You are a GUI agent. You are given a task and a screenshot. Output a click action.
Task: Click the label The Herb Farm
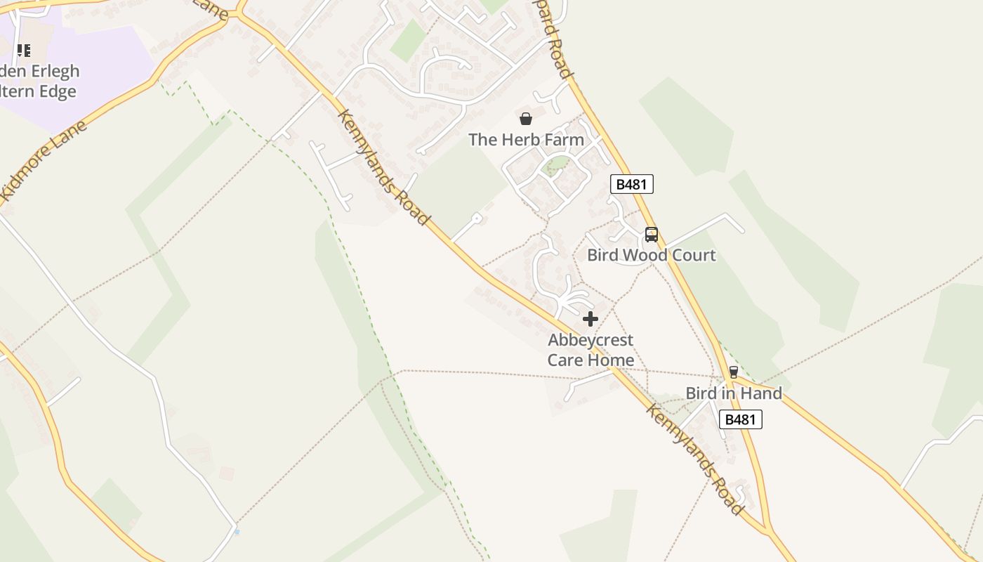tap(526, 140)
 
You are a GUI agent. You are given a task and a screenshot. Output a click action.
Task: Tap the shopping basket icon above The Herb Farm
tap(526, 119)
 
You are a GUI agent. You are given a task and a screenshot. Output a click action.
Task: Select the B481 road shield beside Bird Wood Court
tap(632, 184)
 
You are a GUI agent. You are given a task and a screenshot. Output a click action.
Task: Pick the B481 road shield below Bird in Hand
tap(741, 419)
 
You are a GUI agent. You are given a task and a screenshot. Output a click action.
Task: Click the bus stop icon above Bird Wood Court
tap(652, 235)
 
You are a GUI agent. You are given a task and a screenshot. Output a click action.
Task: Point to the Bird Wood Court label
tap(652, 255)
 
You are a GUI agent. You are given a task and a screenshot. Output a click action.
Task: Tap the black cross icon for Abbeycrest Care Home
tap(591, 319)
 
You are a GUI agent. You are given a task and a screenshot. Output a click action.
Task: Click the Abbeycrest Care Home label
tap(591, 350)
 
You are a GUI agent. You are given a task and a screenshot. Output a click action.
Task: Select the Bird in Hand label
tap(734, 393)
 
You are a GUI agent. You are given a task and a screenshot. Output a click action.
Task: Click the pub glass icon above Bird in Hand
tap(734, 372)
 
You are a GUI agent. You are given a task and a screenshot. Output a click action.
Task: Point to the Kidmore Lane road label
tap(44, 163)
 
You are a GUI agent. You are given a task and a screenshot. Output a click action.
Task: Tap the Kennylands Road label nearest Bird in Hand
tap(694, 459)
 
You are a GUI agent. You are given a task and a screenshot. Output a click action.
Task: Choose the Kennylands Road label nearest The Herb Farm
tap(383, 167)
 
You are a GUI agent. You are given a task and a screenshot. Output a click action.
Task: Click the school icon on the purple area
tap(24, 51)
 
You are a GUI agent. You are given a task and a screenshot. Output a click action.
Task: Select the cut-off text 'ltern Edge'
tap(38, 91)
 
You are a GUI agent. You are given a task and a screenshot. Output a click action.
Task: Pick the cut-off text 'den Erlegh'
tap(40, 72)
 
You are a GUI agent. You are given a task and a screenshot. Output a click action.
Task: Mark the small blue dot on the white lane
tap(237, 532)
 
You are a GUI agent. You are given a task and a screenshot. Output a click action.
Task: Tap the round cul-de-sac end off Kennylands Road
tap(477, 218)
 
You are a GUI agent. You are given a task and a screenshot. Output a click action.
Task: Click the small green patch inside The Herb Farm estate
tap(557, 166)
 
